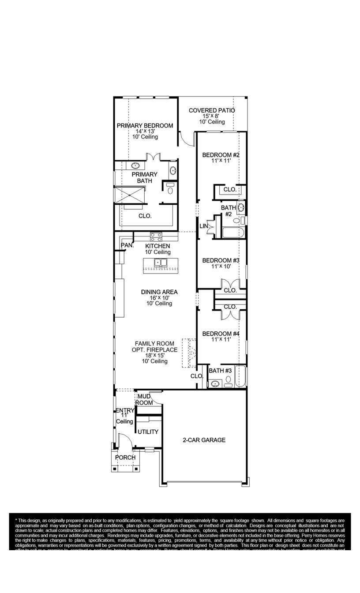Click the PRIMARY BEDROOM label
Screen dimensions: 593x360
point(145,126)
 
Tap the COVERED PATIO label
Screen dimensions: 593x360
point(212,110)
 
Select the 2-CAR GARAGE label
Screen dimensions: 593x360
point(204,440)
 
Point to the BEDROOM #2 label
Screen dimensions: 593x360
point(221,155)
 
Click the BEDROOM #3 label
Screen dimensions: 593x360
point(221,260)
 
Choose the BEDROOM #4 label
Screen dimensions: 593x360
point(221,334)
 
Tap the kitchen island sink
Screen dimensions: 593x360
point(160,263)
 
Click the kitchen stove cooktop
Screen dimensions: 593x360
point(156,236)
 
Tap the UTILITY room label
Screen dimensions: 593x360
point(148,432)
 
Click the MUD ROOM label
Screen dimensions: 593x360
point(144,400)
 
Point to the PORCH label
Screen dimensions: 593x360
point(125,458)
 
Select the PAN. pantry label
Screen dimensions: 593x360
point(127,245)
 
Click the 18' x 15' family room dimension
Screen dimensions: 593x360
point(154,355)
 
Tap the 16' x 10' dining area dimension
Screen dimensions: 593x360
point(159,298)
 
